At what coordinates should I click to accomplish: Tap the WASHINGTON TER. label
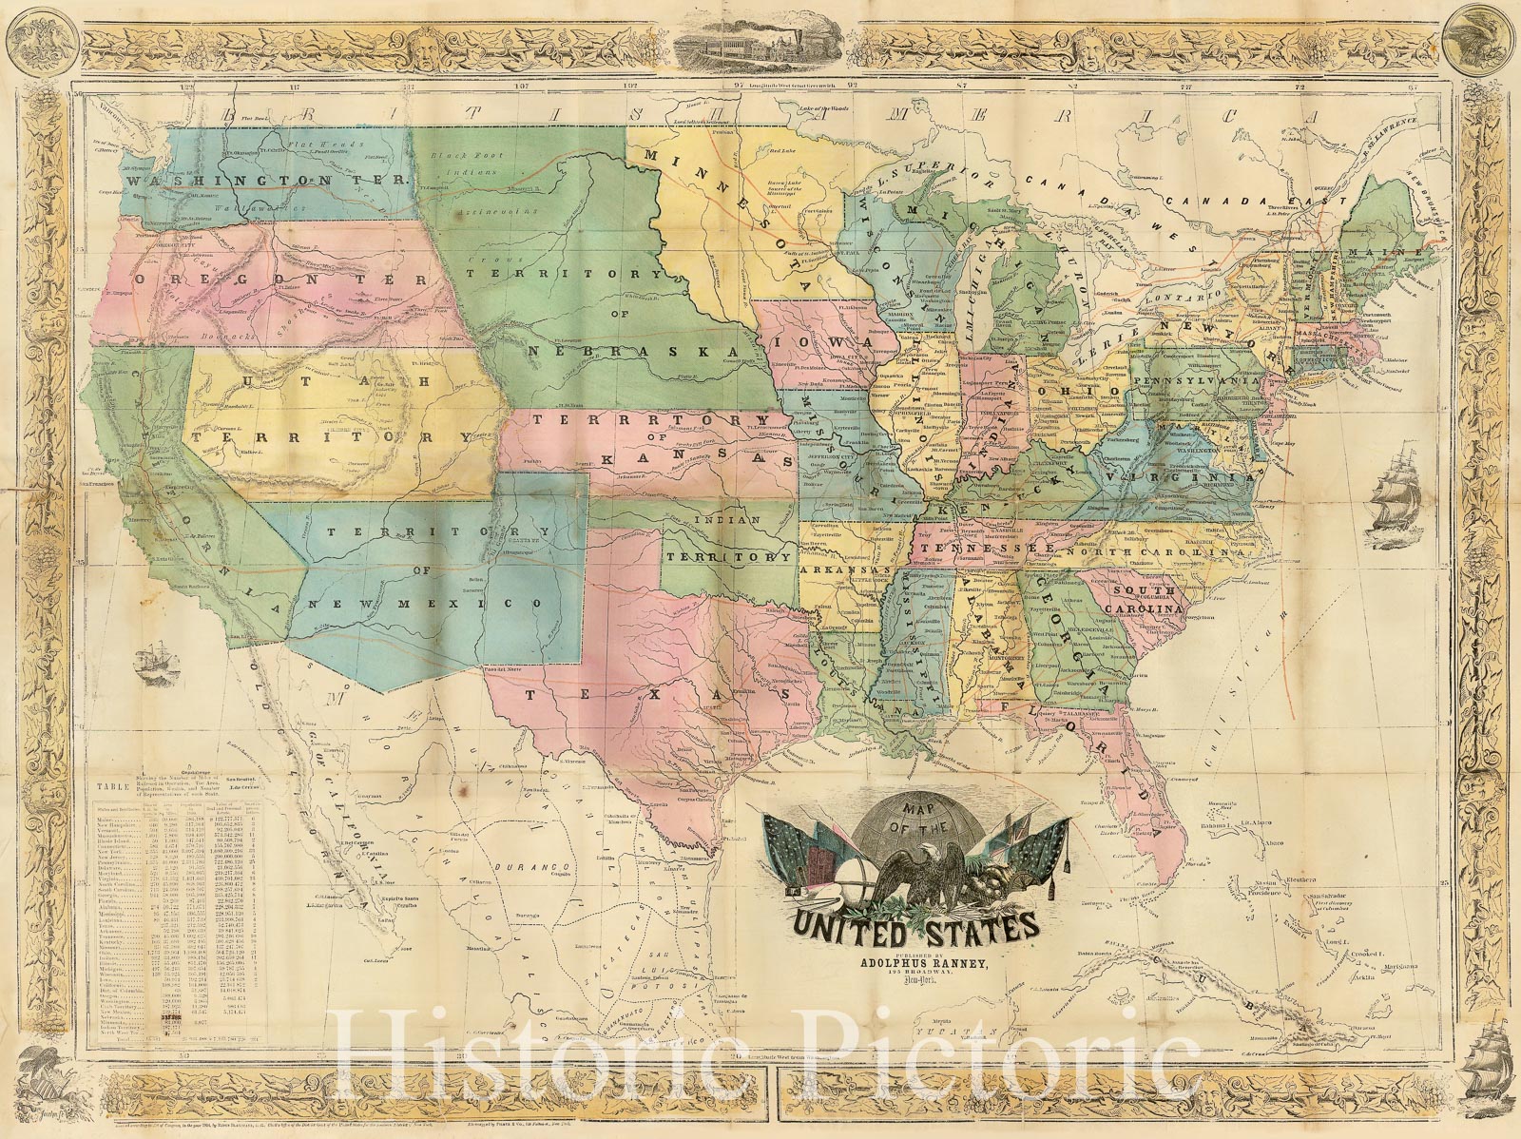pyautogui.click(x=269, y=180)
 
